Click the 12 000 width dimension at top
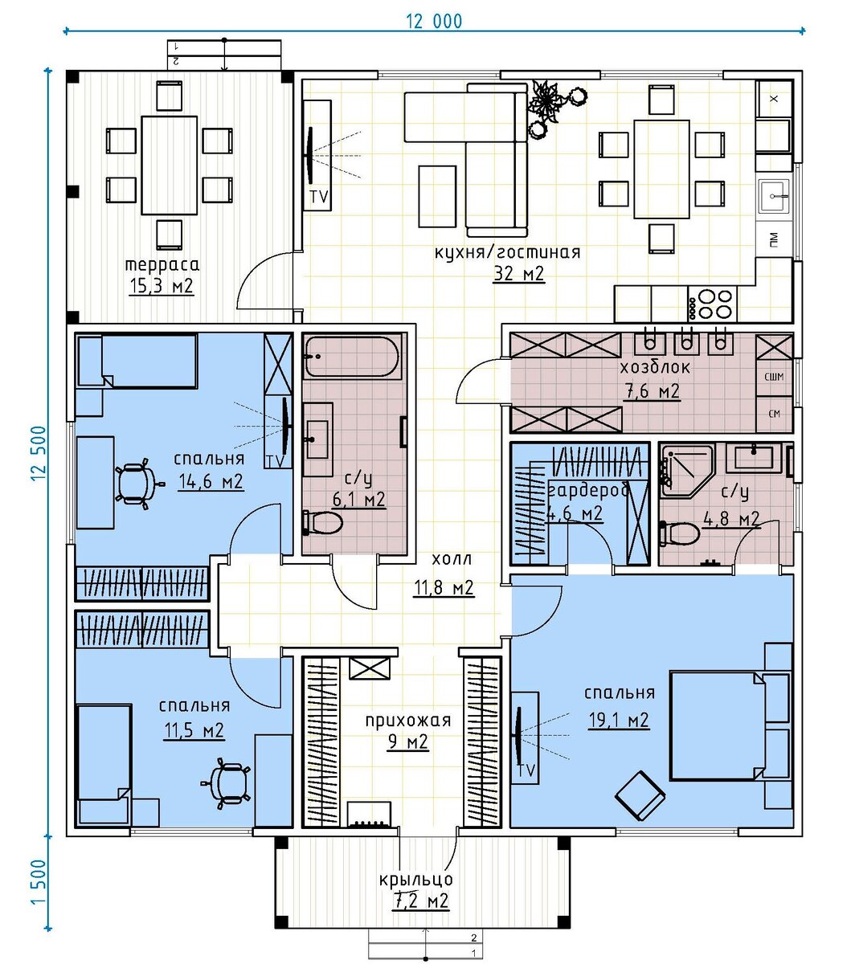click(435, 22)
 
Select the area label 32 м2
click(519, 274)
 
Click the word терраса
click(162, 264)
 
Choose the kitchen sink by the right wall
click(775, 194)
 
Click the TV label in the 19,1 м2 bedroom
click(526, 770)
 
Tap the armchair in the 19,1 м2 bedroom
click(640, 794)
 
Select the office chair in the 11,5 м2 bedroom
click(227, 781)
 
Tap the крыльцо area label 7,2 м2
click(420, 901)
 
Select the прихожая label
click(408, 721)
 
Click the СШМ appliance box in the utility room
click(775, 377)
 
